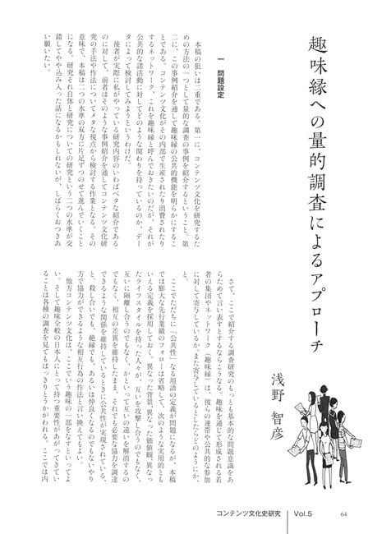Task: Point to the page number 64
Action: coord(342,516)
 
